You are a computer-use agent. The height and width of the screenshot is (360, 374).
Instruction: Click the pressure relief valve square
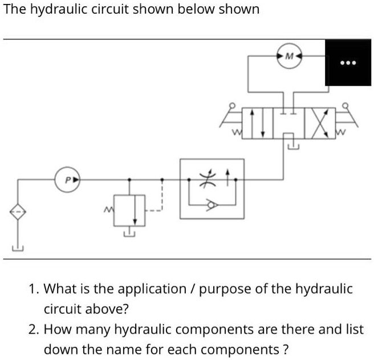(x=130, y=210)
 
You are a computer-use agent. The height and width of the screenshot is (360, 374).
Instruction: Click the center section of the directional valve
(x=289, y=122)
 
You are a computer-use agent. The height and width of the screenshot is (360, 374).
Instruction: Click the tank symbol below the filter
(x=17, y=248)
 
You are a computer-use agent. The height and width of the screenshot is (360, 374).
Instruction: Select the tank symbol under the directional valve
(x=292, y=147)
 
